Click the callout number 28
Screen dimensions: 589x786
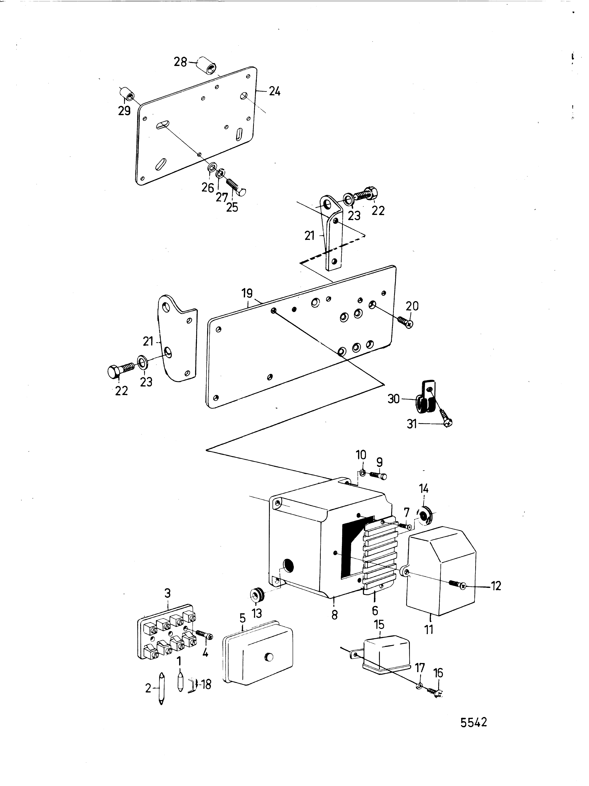[180, 62]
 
